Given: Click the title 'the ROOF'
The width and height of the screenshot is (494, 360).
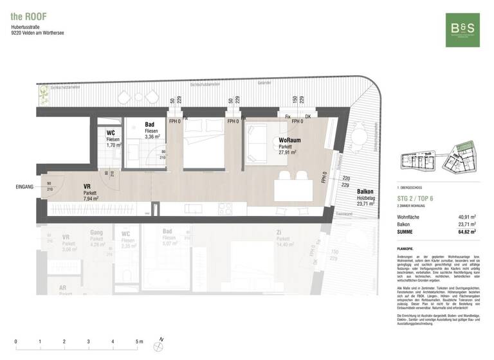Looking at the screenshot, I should (x=28, y=15).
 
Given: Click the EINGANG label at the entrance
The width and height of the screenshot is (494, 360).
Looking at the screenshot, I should (x=24, y=187).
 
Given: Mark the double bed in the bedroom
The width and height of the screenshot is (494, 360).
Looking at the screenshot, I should (x=204, y=145).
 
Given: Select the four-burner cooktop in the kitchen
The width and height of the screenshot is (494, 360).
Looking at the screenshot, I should (x=226, y=208).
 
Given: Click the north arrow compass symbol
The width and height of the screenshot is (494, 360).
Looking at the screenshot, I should (x=159, y=346).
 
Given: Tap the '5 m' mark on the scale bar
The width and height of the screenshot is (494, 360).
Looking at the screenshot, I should (x=139, y=341).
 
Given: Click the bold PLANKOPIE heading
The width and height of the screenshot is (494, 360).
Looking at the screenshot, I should (x=407, y=248).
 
